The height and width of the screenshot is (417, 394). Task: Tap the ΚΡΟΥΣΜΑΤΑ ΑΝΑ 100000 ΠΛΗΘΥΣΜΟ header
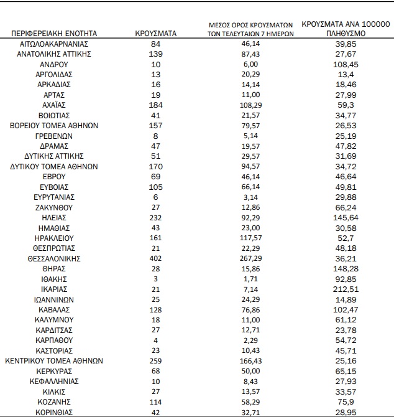pyautogui.click(x=346, y=28)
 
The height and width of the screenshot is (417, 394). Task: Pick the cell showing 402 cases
pyautogui.click(x=156, y=258)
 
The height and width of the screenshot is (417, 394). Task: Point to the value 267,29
pyautogui.click(x=250, y=258)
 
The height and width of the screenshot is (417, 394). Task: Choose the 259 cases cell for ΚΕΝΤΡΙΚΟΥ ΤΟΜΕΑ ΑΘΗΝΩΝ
pyautogui.click(x=156, y=360)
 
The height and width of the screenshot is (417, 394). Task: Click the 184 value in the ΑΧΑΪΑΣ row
pyautogui.click(x=156, y=105)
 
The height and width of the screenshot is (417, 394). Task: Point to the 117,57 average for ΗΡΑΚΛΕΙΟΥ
pyautogui.click(x=250, y=238)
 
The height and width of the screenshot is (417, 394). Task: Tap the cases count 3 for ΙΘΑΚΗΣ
pyautogui.click(x=156, y=279)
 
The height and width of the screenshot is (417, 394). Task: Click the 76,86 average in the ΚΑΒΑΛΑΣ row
pyautogui.click(x=250, y=309)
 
